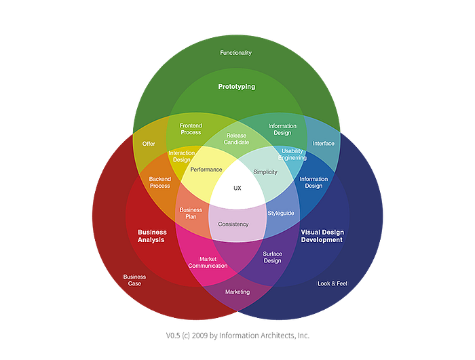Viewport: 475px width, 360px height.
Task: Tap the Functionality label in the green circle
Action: tap(235, 53)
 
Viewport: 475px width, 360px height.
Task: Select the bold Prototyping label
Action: tap(237, 87)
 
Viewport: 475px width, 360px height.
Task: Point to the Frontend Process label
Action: tap(191, 129)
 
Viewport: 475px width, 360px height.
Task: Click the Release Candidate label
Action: tap(236, 139)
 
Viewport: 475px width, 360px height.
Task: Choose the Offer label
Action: tap(149, 144)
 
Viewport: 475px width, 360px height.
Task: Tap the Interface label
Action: tap(324, 143)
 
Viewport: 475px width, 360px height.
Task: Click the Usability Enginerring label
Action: tap(292, 155)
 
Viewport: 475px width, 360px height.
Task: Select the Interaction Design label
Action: tap(181, 156)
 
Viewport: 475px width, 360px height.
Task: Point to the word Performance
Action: tap(206, 169)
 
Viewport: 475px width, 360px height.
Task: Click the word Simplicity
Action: tap(265, 172)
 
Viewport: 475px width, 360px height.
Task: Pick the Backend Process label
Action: tap(160, 182)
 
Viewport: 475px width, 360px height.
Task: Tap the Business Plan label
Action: tap(191, 213)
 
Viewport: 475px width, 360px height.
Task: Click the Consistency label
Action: tap(233, 224)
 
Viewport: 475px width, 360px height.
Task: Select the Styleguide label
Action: tap(281, 213)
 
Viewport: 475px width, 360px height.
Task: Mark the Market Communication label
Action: tap(208, 262)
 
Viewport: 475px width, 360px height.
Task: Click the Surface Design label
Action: tap(272, 258)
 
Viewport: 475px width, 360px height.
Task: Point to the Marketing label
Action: tap(237, 292)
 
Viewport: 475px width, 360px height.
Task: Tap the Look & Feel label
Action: tap(332, 283)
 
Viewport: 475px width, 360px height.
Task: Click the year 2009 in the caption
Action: tap(200, 336)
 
